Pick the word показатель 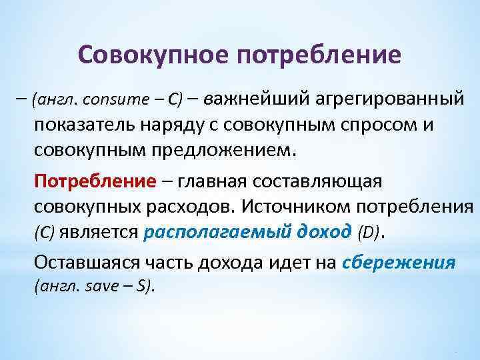pos(81,125)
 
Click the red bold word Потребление pos(95,181)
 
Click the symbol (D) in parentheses pos(368,232)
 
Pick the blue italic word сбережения pos(398,262)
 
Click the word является pos(99,232)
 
